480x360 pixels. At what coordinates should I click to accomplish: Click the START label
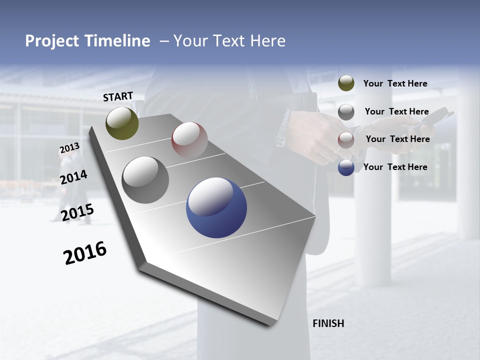point(118,96)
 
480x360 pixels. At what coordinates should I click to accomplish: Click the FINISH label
point(328,323)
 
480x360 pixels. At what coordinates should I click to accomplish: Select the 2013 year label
point(69,148)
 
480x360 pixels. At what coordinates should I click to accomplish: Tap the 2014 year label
point(73,177)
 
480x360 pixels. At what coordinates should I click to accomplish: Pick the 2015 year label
point(77,212)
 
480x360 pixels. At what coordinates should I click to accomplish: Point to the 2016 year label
point(85,253)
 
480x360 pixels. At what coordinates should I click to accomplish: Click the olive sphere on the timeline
point(122,123)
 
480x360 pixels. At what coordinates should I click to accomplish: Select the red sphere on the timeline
point(189,139)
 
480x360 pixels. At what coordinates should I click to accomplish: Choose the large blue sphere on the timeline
point(216,207)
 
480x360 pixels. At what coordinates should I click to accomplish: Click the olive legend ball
point(346,83)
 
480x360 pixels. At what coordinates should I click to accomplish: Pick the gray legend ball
point(346,112)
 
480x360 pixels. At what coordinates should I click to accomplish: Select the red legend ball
point(346,140)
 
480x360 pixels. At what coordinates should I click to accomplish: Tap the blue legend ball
point(346,167)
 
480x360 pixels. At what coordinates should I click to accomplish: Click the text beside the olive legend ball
point(395,83)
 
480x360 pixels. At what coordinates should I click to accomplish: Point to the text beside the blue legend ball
point(395,167)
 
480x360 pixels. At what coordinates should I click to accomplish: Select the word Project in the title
point(51,41)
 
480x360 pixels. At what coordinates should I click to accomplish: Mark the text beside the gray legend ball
point(396,111)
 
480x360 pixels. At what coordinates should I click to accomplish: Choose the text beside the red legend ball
point(397,139)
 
